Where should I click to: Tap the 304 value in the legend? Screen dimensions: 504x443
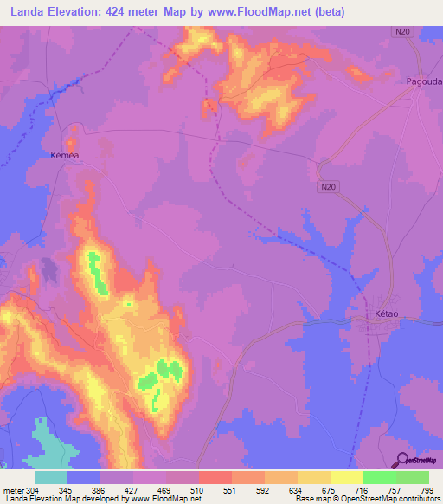point(33,489)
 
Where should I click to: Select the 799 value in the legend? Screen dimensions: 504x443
point(427,489)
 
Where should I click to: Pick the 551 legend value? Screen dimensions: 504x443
point(230,489)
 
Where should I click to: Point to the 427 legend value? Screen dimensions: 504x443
point(132,489)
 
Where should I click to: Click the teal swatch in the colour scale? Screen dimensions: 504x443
point(50,477)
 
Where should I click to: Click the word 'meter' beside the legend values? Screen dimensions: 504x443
point(13,489)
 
